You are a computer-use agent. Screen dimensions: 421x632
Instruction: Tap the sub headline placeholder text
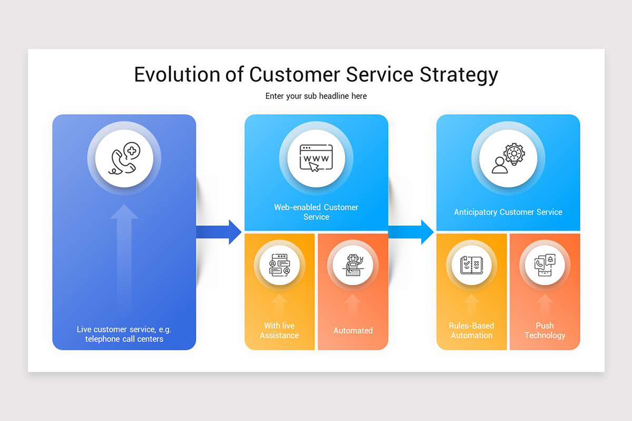pos(316,96)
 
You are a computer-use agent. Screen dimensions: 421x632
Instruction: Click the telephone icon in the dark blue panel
pos(124,158)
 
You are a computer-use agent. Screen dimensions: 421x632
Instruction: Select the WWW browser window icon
pos(316,158)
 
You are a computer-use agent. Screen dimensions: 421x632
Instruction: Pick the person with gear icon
pos(508,158)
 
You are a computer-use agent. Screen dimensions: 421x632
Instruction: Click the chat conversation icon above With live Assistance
pos(280,265)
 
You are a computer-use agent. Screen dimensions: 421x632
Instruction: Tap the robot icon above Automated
pos(353,265)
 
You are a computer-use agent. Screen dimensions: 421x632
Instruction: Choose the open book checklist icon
pos(472,265)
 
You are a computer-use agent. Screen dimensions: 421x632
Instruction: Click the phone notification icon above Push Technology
pos(545,265)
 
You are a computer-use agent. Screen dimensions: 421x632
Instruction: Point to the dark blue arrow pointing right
pos(219,232)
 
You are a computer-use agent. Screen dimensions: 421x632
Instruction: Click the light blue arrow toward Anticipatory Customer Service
pos(411,232)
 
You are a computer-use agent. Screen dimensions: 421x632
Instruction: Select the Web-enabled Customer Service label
pos(316,212)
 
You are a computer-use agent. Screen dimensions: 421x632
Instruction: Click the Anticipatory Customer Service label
pos(508,212)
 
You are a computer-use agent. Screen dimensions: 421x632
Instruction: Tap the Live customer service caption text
pos(124,334)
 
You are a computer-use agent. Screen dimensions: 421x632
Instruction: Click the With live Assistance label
pos(279,330)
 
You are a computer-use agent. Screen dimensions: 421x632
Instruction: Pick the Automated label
pos(353,330)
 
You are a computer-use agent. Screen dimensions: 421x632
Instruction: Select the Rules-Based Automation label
pos(471,330)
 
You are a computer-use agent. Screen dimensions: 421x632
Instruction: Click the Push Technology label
pos(545,330)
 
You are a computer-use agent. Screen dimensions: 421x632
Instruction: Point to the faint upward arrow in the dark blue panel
pos(124,258)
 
